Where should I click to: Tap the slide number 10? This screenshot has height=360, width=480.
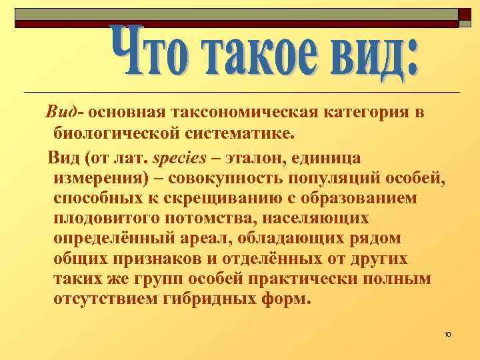tap(447, 333)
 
